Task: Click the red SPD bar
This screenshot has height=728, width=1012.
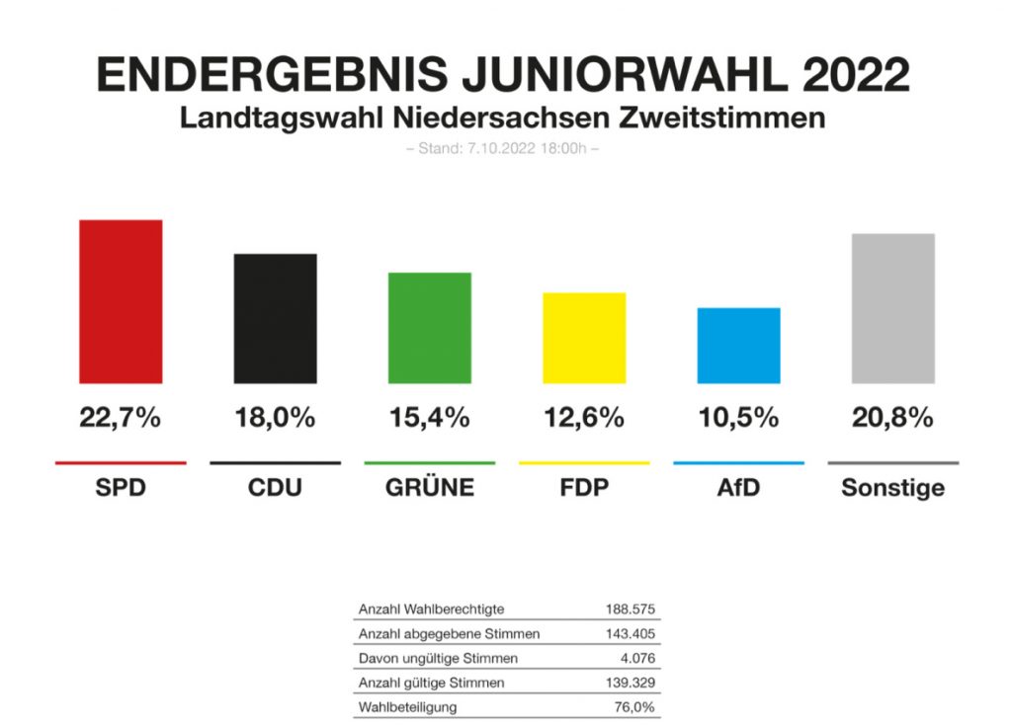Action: pos(121,301)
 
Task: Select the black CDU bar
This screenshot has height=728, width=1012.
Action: pos(275,318)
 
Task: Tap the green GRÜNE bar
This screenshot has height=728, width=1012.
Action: pos(430,327)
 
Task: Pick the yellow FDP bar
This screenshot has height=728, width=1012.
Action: pos(584,338)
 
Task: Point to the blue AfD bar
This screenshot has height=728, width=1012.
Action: pos(738,346)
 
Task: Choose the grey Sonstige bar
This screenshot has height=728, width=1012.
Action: pos(893,308)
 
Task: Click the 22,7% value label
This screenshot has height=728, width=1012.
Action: pos(121,418)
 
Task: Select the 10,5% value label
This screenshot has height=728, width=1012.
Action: pos(738,418)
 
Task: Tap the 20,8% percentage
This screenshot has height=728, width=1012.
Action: pos(893,418)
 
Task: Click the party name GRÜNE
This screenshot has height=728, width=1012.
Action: pos(430,488)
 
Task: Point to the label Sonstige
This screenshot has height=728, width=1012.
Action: pos(893,488)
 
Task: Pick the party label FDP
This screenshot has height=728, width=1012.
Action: pos(584,488)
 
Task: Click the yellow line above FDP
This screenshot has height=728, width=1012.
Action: pos(584,462)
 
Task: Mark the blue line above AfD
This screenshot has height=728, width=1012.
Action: pos(738,462)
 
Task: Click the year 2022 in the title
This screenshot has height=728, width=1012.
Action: pos(857,76)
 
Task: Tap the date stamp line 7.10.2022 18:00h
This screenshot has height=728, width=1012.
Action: pos(505,149)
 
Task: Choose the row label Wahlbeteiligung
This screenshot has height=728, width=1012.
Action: pos(408,707)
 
